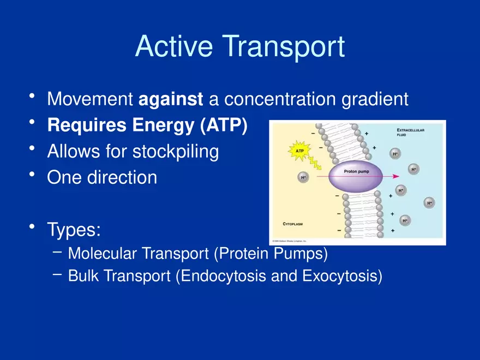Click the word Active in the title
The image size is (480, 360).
point(174,47)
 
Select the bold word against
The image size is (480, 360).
point(171,99)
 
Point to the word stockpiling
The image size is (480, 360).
point(176,152)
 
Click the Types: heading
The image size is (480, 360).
point(74,230)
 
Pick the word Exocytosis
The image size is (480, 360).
point(341,277)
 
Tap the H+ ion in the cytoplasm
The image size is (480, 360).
point(303,177)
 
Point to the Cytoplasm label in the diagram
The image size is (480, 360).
point(297,224)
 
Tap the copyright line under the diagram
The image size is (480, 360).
point(290,240)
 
